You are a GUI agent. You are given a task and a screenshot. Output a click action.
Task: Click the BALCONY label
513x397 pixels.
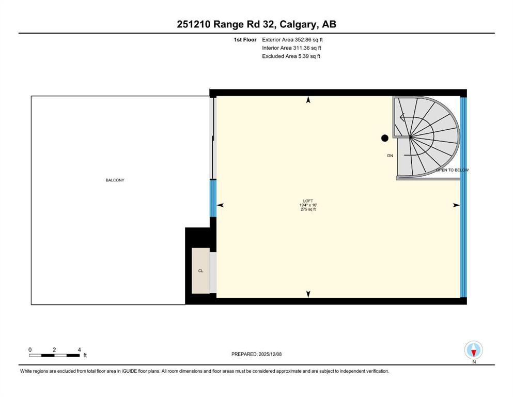115,180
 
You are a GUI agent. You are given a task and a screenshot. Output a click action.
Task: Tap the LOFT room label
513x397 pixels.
308,201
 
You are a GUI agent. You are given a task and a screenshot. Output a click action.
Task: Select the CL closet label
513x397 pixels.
200,271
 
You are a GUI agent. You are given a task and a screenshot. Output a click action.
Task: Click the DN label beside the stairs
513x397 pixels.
390,156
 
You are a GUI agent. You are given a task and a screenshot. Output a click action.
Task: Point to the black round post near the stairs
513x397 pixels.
385,138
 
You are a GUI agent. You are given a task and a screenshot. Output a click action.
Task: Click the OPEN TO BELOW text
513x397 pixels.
452,170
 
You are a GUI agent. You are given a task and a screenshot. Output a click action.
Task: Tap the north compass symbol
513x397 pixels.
473,350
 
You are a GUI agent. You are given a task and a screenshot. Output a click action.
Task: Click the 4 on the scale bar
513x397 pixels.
79,350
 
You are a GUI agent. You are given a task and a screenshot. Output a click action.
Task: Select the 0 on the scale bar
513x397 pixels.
30,350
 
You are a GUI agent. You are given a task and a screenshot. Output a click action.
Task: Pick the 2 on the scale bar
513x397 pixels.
54,350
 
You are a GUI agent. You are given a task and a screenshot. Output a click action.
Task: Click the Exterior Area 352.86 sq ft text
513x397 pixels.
292,40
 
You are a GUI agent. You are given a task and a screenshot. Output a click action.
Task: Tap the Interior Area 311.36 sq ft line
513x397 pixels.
291,48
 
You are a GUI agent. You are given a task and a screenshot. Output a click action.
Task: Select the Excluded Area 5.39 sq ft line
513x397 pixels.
291,56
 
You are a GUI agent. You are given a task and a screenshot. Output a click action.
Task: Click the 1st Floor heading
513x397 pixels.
245,40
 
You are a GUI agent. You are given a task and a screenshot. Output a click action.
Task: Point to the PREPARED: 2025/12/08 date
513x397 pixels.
256,354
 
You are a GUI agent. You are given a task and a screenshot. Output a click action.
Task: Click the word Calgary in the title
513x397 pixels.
299,24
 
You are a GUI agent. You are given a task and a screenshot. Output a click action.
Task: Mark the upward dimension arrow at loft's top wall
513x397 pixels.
308,100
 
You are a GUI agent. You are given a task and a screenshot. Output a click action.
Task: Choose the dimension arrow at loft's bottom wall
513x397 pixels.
308,294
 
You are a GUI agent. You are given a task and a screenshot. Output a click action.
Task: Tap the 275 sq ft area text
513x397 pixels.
308,209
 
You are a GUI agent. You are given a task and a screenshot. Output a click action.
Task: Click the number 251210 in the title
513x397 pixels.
194,24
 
